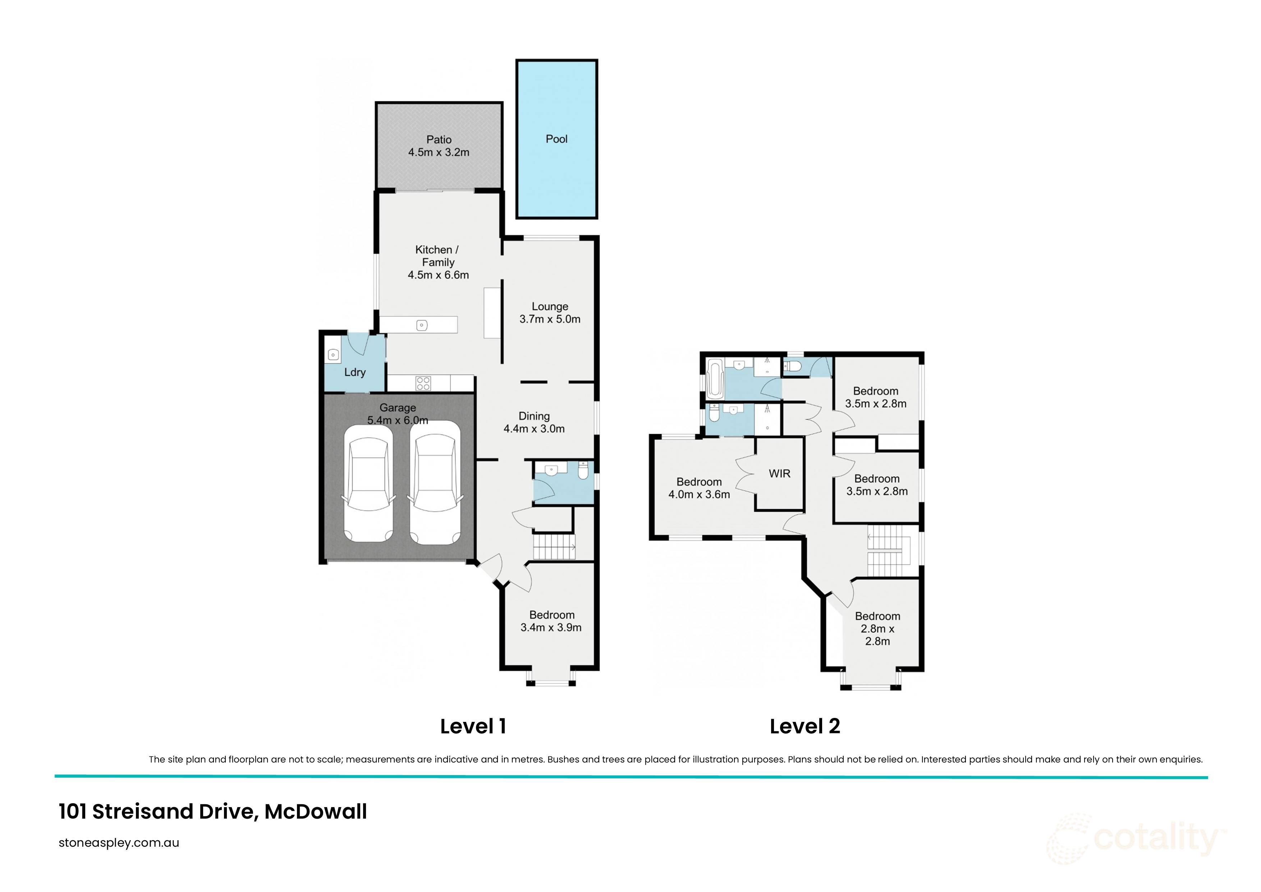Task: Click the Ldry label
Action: click(x=355, y=372)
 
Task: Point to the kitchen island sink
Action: click(x=421, y=326)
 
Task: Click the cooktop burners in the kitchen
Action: click(x=423, y=383)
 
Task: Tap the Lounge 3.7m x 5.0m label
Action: click(x=550, y=313)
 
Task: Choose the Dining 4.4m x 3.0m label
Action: click(x=534, y=423)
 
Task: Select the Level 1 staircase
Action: click(x=554, y=547)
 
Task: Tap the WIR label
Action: click(x=779, y=473)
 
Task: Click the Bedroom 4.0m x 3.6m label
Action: click(x=698, y=488)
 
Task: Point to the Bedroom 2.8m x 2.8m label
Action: click(x=877, y=628)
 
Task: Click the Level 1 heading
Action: click(x=473, y=726)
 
